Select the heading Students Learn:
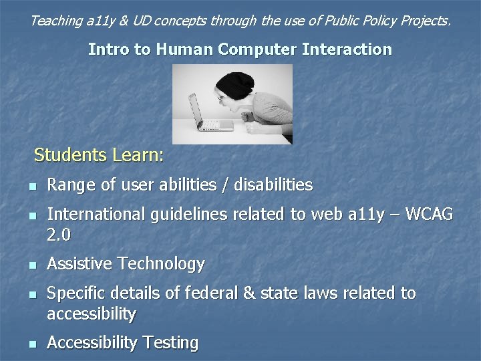point(98,156)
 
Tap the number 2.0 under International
point(59,235)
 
